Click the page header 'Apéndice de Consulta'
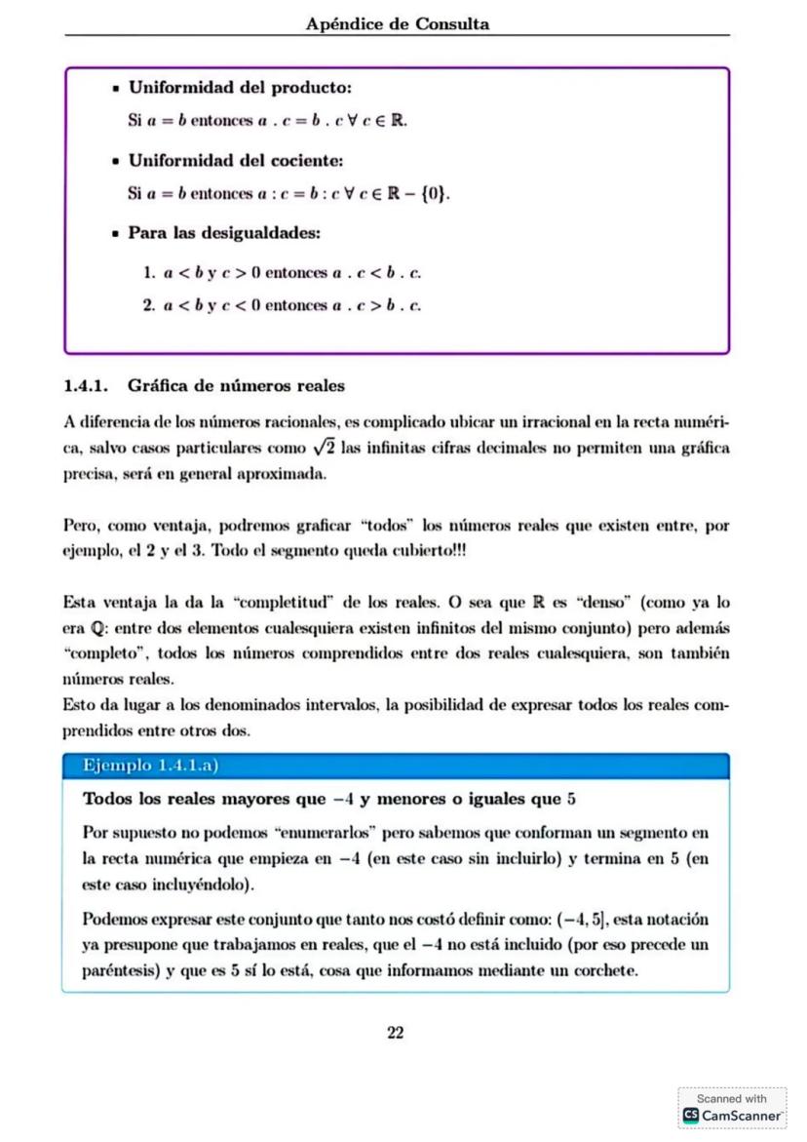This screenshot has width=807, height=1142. (x=397, y=24)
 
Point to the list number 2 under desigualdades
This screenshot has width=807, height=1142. (x=148, y=305)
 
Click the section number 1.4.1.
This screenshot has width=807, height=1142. (x=87, y=385)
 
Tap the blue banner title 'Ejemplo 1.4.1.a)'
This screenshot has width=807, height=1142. (x=152, y=767)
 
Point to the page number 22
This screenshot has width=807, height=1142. (x=396, y=1034)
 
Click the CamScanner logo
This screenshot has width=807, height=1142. (x=733, y=1114)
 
